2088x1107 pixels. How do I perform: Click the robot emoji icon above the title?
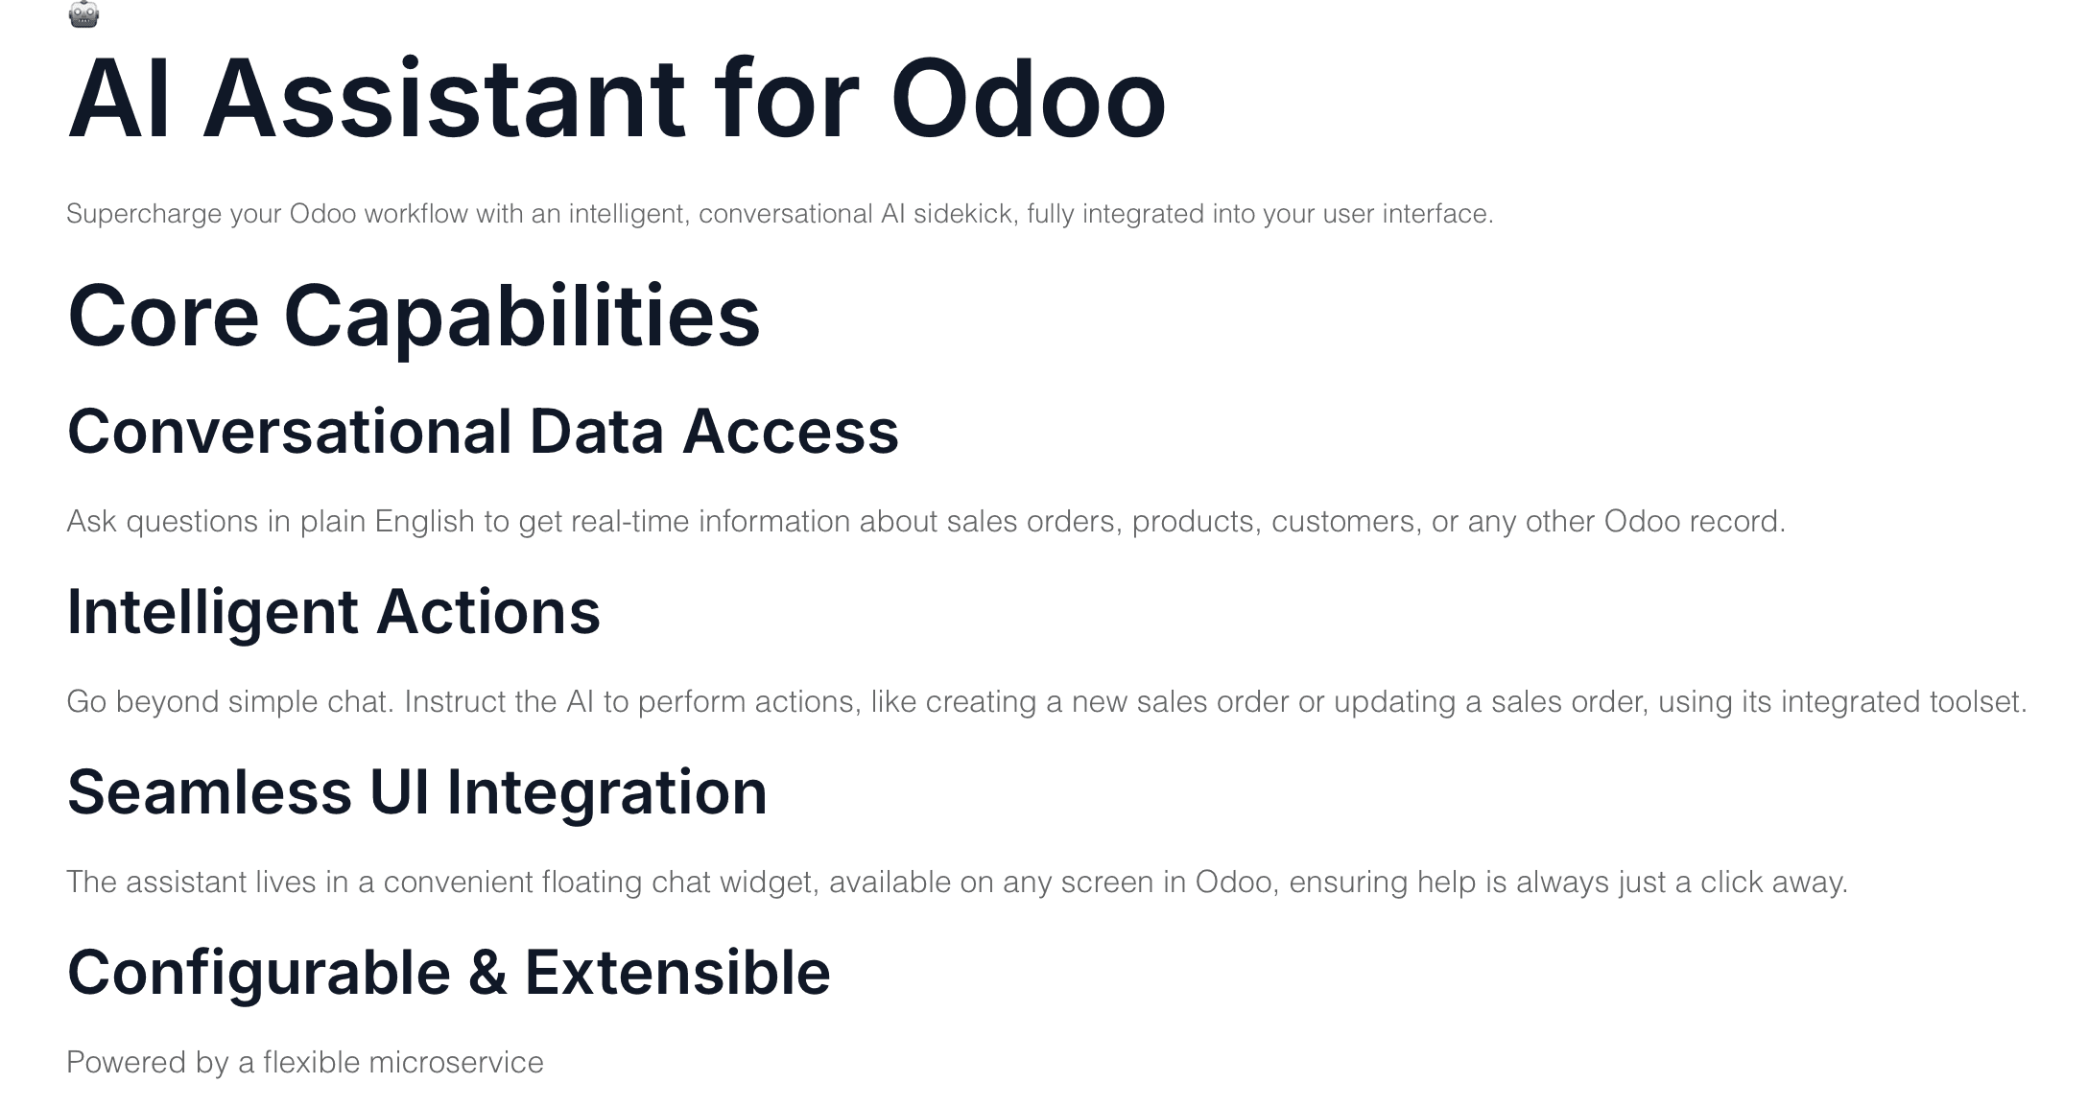click(84, 13)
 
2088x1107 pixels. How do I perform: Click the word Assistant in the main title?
click(444, 99)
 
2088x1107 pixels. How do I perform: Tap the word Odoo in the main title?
click(1028, 99)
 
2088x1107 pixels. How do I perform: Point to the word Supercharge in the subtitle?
click(144, 214)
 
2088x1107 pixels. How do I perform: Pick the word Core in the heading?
click(163, 317)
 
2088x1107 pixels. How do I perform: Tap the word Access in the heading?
click(790, 431)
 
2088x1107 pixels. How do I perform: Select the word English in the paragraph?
click(424, 522)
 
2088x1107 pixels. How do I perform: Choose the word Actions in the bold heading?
click(487, 611)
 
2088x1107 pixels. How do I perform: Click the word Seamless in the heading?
click(209, 792)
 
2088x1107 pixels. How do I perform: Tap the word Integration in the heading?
click(606, 793)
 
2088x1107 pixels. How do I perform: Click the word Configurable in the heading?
click(258, 974)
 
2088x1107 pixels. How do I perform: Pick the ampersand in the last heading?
click(486, 973)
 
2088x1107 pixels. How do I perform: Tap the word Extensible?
click(676, 973)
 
